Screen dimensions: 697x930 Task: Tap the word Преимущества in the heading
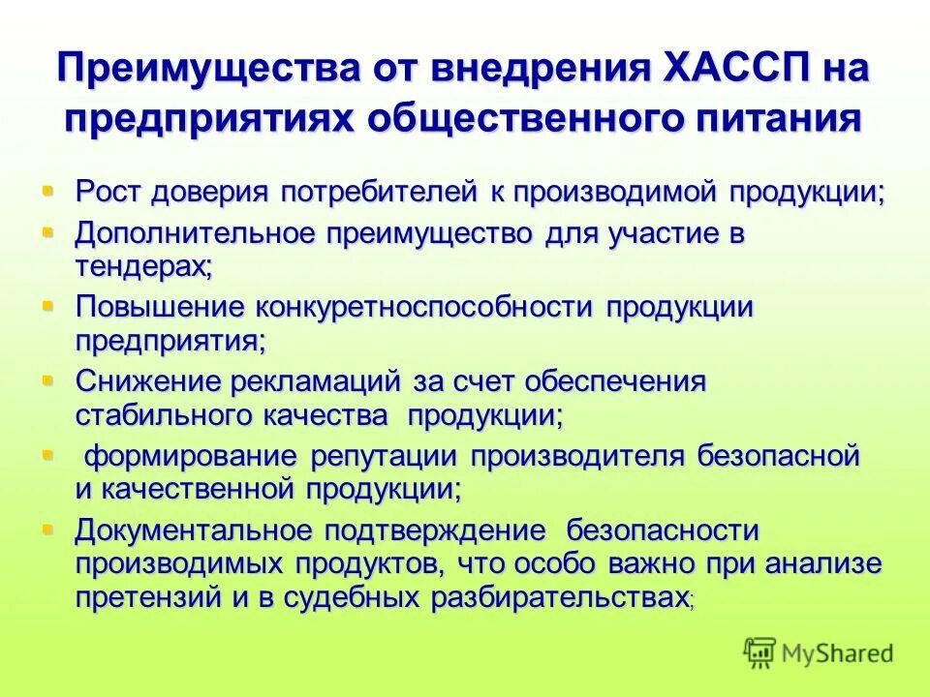click(202, 72)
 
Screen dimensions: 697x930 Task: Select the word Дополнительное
click(195, 235)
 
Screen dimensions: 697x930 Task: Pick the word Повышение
click(159, 308)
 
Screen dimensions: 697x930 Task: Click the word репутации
click(387, 455)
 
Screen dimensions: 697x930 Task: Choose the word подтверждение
click(436, 530)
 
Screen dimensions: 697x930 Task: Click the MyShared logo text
click(837, 652)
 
